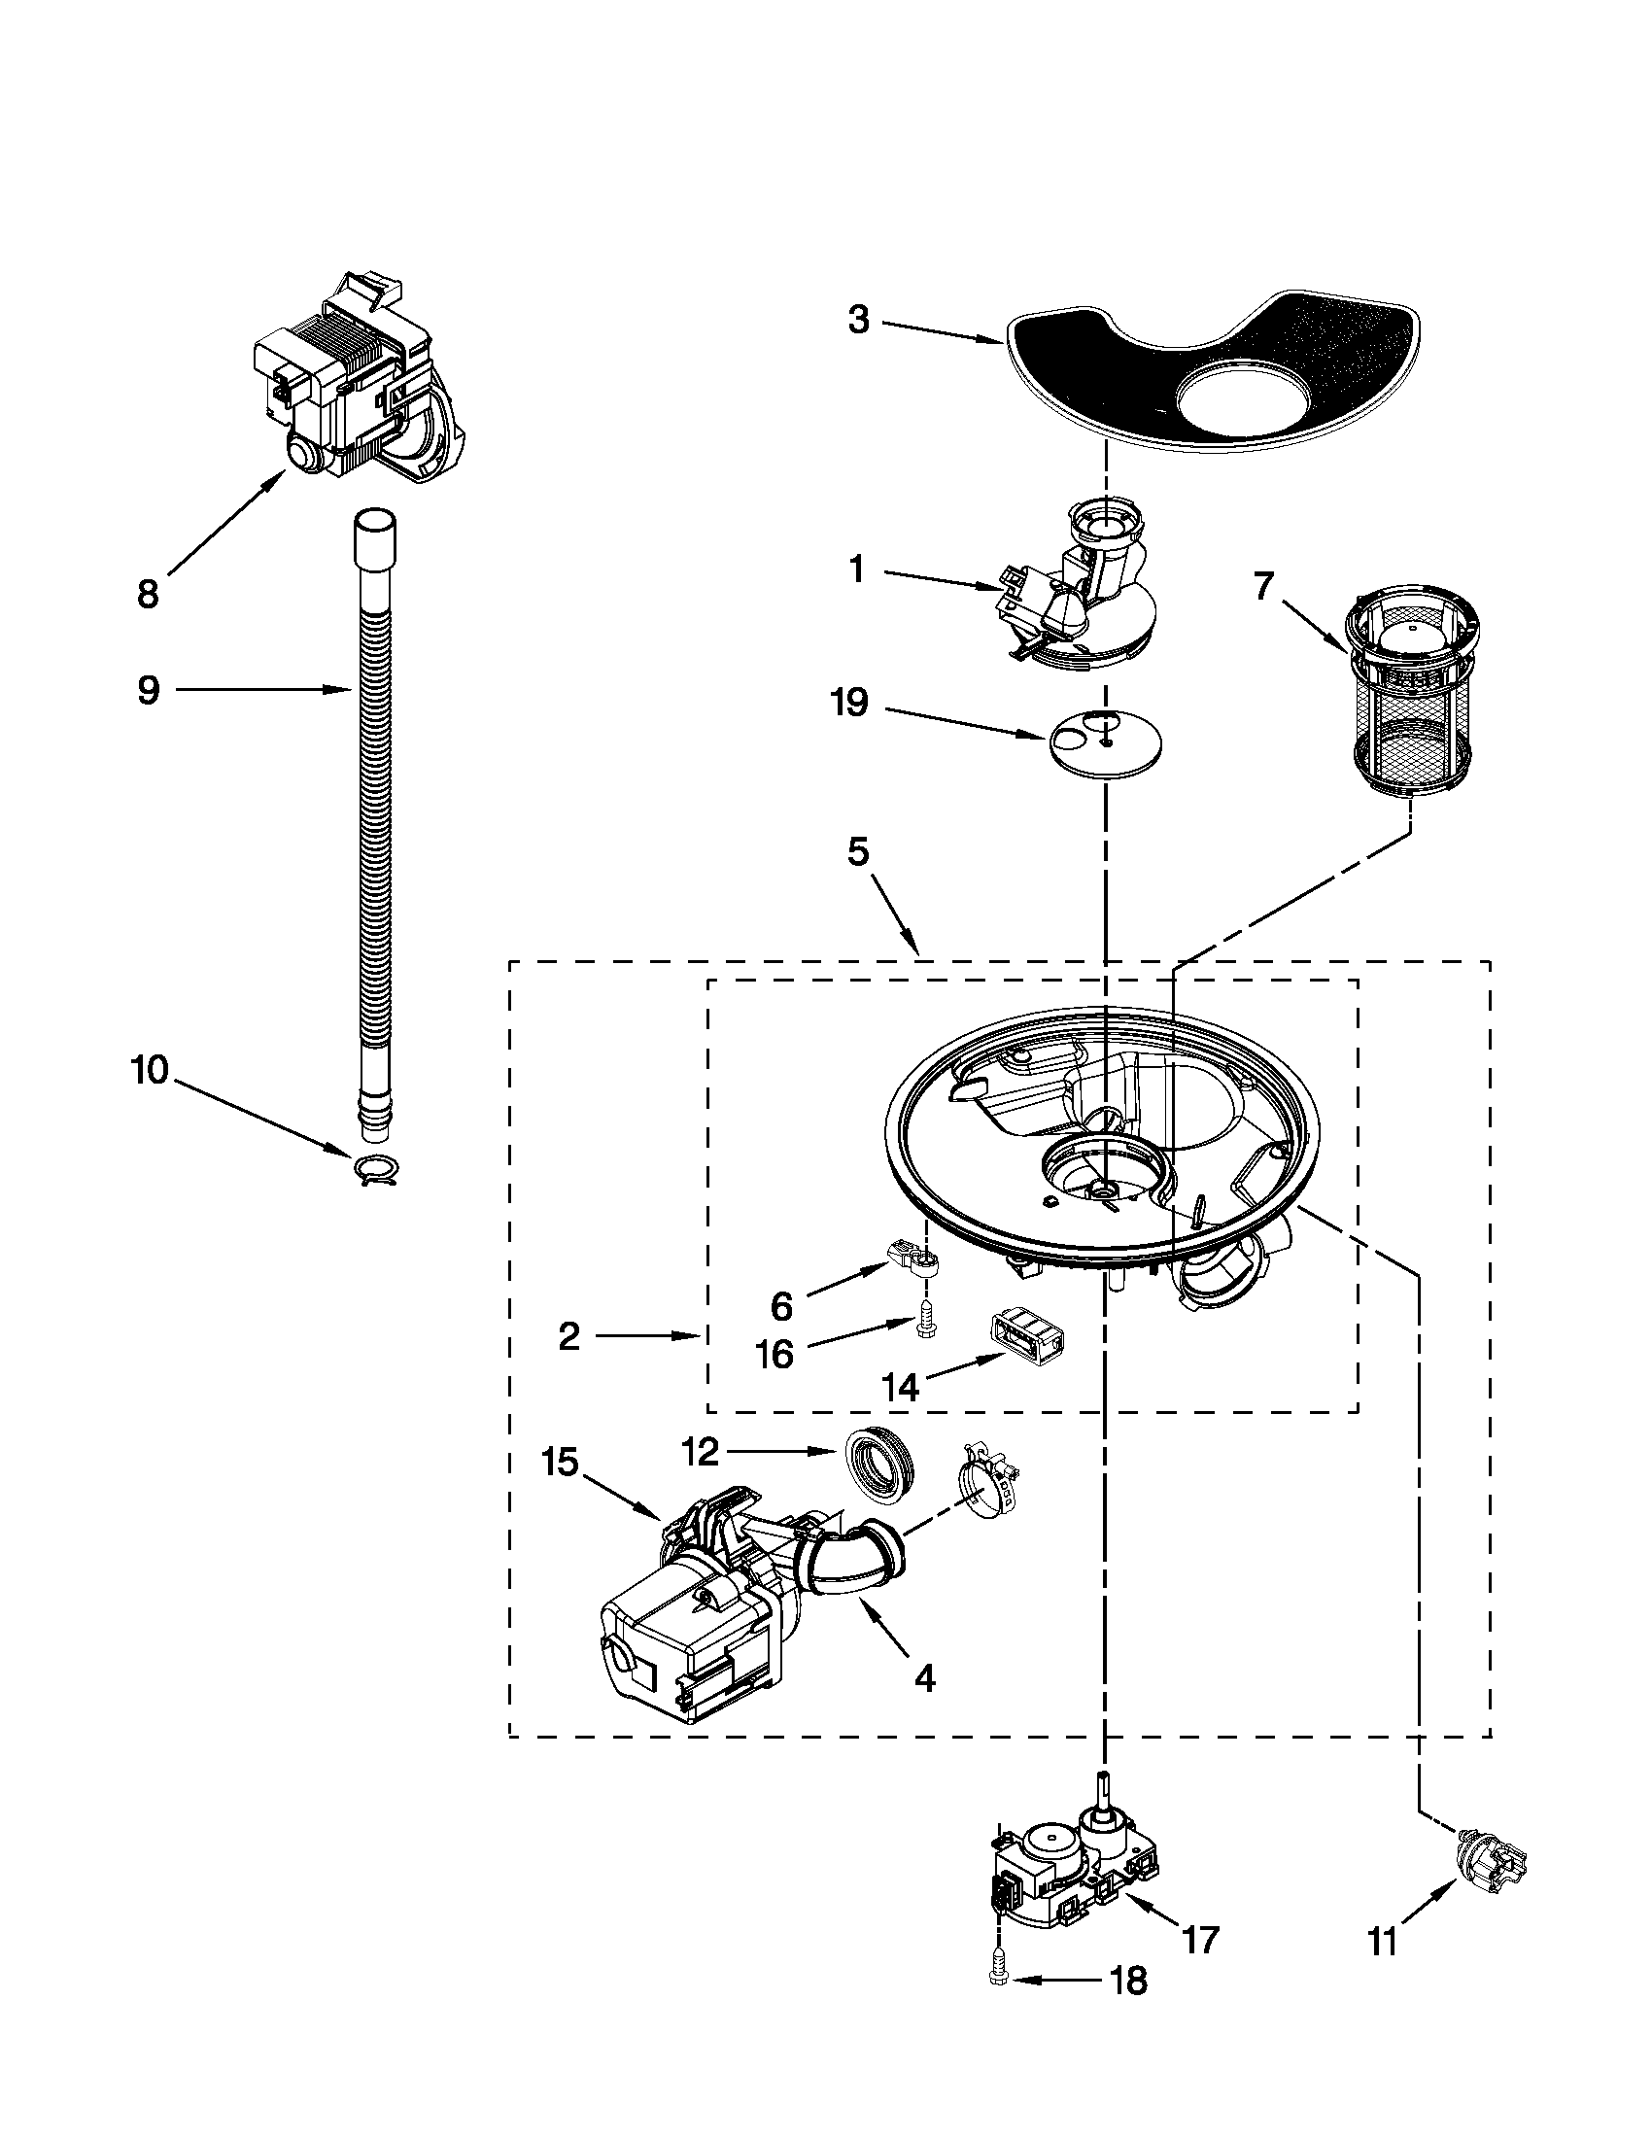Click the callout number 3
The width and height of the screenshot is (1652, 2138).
point(858,320)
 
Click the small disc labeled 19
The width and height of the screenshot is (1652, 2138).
point(1105,750)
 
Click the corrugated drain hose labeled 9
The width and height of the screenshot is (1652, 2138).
point(373,832)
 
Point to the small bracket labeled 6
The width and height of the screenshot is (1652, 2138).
point(913,1260)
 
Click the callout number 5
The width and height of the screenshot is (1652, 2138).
point(857,852)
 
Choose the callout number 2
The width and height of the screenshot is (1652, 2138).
point(569,1336)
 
